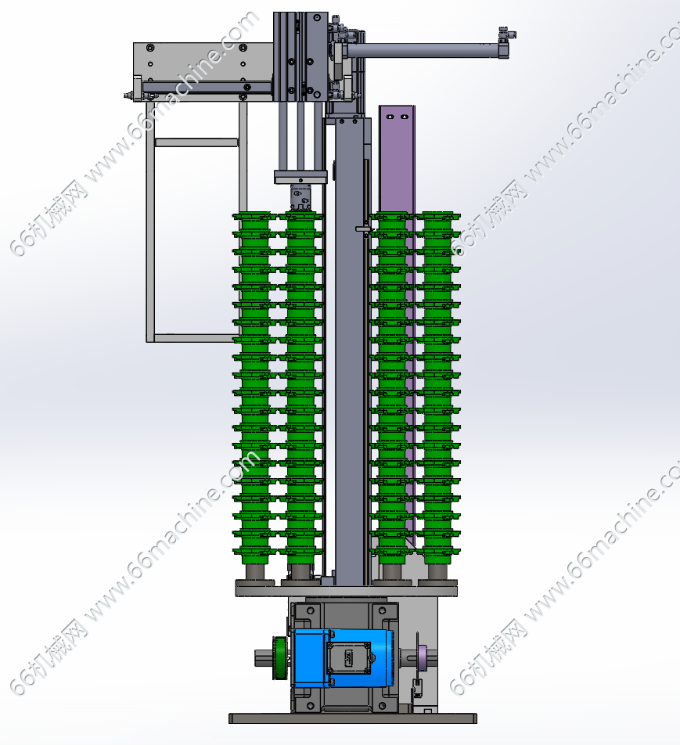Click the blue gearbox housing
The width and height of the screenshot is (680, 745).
click(x=341, y=658)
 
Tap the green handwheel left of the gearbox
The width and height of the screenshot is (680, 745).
click(x=279, y=659)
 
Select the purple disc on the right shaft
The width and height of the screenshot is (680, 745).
click(x=421, y=659)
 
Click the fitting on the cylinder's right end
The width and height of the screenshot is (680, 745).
click(x=506, y=35)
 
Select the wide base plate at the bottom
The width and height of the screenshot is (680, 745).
click(x=353, y=718)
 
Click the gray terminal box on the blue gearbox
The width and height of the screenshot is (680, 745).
click(x=348, y=658)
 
